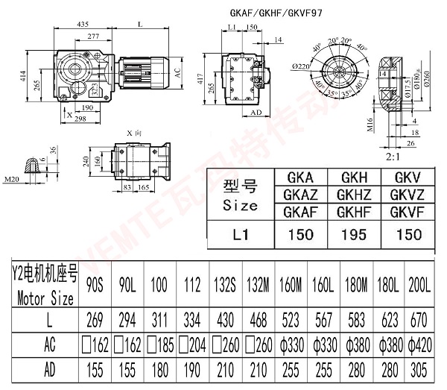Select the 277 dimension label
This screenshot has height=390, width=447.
click(93, 36)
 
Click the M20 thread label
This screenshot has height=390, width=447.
click(10, 179)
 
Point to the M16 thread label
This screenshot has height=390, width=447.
click(370, 122)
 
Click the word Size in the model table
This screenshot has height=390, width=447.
click(240, 205)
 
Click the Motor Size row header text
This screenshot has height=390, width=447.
click(45, 301)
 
